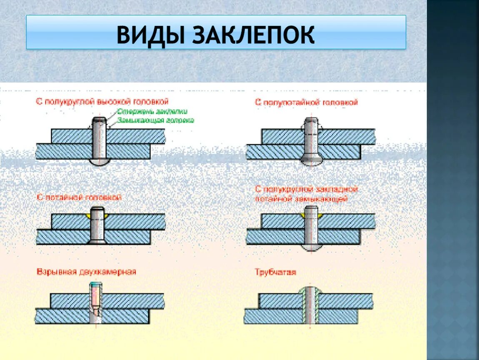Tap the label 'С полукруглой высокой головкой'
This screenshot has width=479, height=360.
[102, 101]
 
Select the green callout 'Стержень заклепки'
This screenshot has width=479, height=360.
[152, 112]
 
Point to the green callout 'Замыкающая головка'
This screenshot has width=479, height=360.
[155, 120]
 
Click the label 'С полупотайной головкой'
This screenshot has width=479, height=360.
[306, 102]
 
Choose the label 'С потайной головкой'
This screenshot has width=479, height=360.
[79, 197]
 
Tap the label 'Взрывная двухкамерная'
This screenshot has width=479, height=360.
[86, 272]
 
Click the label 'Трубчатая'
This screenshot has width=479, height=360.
[275, 272]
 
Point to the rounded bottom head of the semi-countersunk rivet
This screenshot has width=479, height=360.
[310, 162]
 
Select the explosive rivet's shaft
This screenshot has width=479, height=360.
[95, 302]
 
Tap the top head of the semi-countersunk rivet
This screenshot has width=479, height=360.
[310, 123]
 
